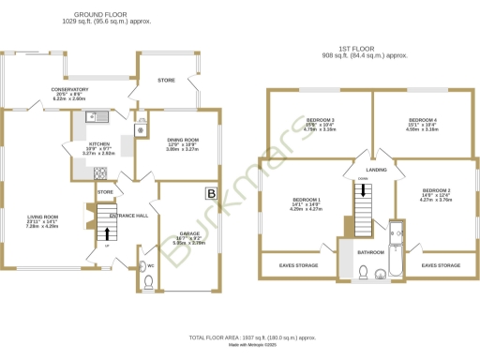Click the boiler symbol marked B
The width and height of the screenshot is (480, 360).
pos(209,194)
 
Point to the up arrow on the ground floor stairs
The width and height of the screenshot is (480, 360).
pos(110,236)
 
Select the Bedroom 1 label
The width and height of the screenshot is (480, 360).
pos(307,201)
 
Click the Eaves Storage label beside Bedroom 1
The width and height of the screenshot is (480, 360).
pos(298,265)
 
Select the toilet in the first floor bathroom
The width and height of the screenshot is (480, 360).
pos(362,273)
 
